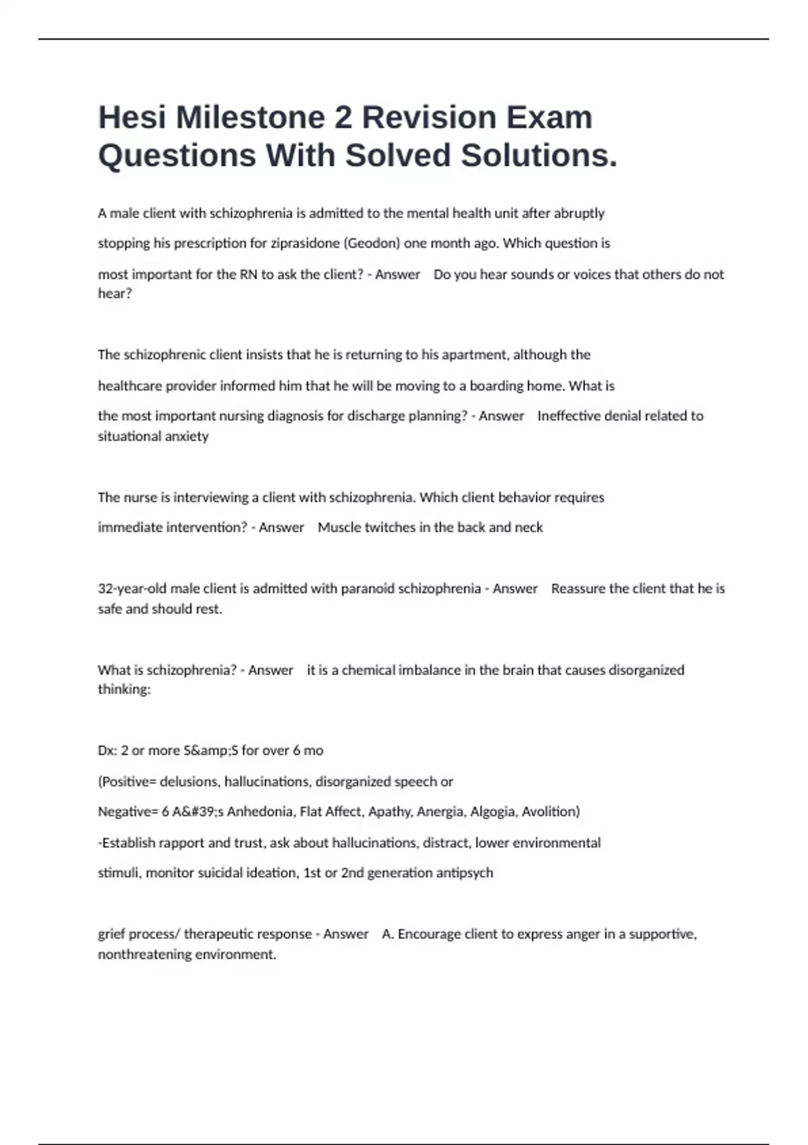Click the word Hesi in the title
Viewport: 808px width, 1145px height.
[132, 118]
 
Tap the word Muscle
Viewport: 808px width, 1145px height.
[339, 527]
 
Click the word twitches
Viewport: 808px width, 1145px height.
[390, 527]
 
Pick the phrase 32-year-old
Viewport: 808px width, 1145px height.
[132, 589]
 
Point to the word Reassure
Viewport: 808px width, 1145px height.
[578, 589]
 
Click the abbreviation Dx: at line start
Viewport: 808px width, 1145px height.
[108, 750]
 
